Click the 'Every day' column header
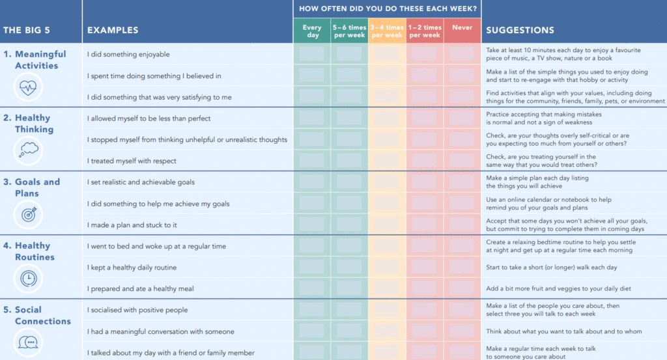(312, 31)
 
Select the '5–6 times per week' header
(349, 31)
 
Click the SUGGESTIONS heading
(520, 30)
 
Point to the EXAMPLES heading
(113, 30)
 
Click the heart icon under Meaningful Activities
(28, 87)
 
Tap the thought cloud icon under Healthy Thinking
(28, 150)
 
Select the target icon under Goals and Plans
(28, 214)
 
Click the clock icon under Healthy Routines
(28, 279)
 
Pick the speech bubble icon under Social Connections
(28, 342)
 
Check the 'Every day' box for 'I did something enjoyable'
(311, 54)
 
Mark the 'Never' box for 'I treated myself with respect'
(462, 161)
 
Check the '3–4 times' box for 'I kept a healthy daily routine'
(387, 267)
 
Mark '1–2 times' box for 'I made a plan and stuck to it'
(424, 225)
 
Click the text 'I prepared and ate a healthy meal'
(141, 288)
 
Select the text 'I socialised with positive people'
(137, 310)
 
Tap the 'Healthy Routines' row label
(35, 251)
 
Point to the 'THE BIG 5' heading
(26, 30)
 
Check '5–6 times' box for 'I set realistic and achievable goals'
(349, 182)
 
